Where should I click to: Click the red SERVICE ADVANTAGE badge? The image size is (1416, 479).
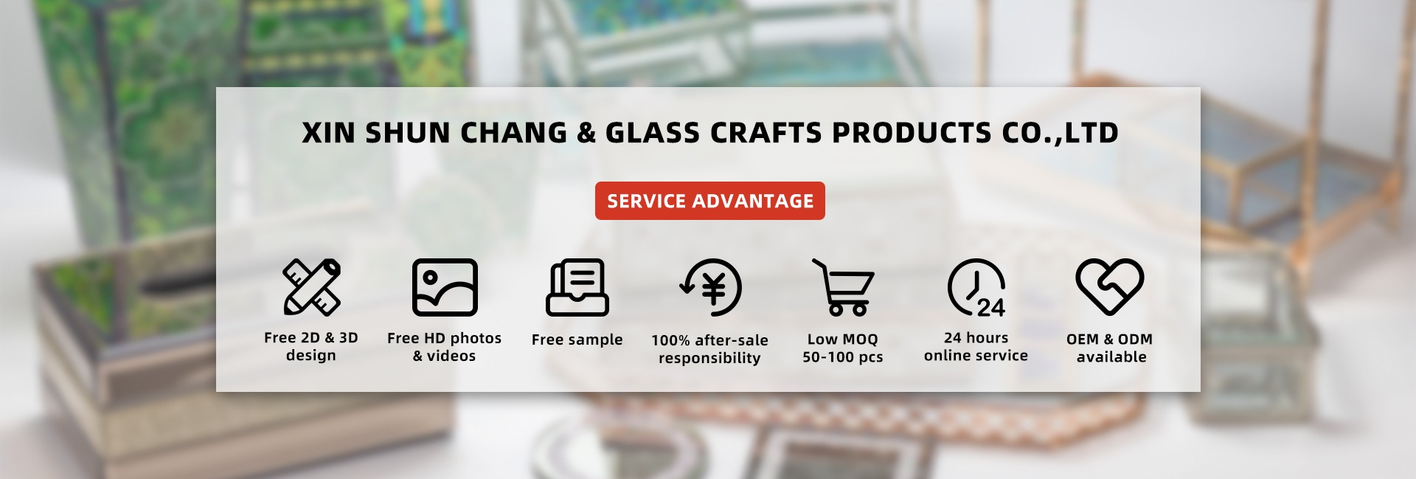[709, 201]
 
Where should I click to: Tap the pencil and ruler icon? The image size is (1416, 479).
[312, 287]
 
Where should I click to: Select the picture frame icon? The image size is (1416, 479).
[445, 287]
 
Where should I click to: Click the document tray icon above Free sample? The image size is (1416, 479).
[577, 287]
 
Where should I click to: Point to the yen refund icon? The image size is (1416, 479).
[710, 287]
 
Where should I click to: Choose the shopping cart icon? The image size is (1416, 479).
[843, 287]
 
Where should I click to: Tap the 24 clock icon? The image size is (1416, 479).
[976, 287]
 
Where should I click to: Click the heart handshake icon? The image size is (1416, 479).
[1109, 287]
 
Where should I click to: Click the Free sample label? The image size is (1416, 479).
[577, 340]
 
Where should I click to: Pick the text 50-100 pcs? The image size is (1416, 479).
[842, 357]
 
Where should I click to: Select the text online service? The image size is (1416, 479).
[976, 356]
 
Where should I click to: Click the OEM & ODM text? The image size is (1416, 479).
[1109, 339]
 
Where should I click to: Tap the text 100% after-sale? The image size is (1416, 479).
[709, 340]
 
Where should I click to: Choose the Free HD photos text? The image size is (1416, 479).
[444, 338]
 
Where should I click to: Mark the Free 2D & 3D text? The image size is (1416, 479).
[310, 337]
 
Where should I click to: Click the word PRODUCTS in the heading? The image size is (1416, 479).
[912, 133]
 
